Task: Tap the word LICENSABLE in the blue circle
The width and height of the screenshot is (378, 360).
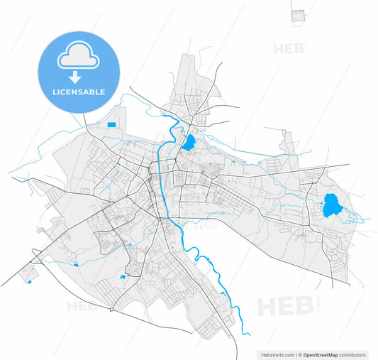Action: click(x=79, y=92)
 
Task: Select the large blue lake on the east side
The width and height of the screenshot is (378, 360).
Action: click(x=330, y=206)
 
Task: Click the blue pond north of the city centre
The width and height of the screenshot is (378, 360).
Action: click(x=189, y=142)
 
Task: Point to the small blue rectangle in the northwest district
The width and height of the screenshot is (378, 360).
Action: click(x=111, y=125)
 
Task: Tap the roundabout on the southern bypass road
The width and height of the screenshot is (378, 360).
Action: click(x=111, y=310)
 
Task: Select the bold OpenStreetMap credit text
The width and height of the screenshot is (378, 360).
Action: click(x=321, y=354)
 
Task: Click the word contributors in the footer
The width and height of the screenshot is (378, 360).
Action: click(x=352, y=354)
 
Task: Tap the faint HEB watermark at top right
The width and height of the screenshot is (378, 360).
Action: click(x=290, y=48)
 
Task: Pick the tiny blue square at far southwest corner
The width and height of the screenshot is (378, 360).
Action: click(x=29, y=282)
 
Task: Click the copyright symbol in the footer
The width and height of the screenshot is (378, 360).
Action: click(x=301, y=354)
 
